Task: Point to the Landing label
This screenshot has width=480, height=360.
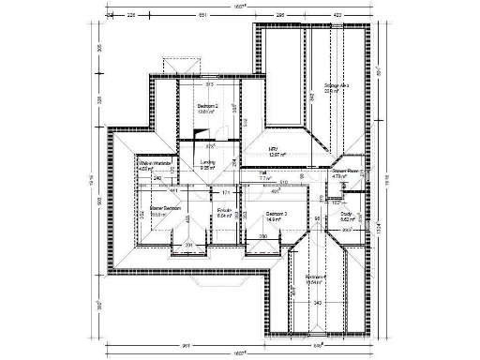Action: point(207,162)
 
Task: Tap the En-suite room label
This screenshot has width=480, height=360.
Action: point(224,210)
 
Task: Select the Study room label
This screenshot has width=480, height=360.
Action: point(346,215)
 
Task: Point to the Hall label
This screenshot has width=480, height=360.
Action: point(263,173)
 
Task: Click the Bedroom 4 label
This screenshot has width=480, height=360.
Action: point(316,277)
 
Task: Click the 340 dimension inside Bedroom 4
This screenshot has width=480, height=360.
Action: point(317,304)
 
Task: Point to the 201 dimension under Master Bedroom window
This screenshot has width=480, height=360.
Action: point(187,246)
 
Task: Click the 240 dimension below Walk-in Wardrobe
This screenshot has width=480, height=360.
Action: point(157,177)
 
